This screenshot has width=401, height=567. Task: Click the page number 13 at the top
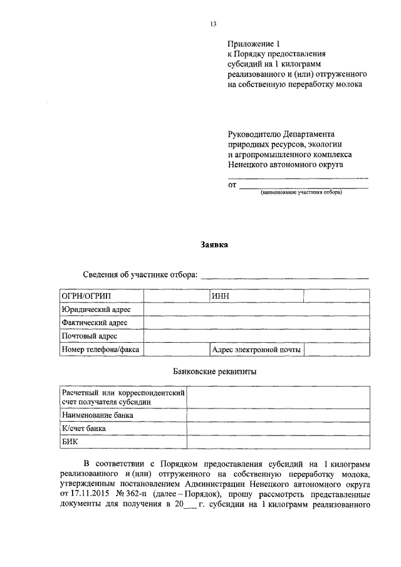click(213, 24)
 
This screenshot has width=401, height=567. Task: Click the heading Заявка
click(214, 245)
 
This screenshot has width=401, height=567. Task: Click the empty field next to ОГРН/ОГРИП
click(175, 296)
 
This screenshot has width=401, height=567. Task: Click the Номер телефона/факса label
click(100, 350)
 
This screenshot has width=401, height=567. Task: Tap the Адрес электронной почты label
click(256, 350)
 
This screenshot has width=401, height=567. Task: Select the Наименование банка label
click(97, 415)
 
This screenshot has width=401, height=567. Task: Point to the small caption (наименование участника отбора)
click(301, 192)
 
